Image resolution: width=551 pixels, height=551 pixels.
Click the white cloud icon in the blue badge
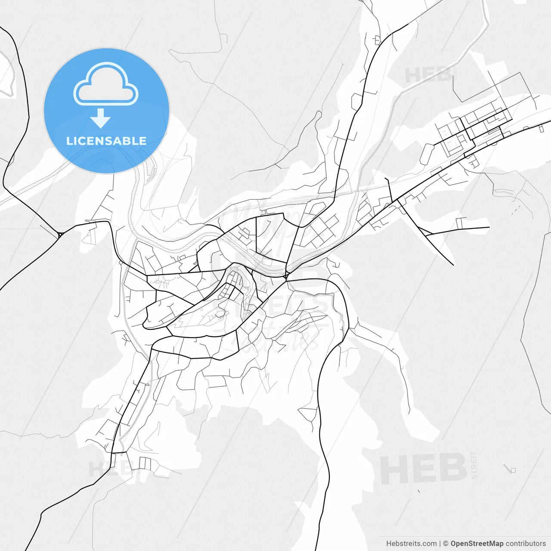tap(106, 85)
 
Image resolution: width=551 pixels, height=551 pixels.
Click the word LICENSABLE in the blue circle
tap(106, 141)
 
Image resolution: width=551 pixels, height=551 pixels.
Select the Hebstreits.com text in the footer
tap(411, 544)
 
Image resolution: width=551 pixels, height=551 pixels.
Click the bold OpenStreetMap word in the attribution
tap(477, 544)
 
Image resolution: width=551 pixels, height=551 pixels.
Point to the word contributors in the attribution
tap(526, 544)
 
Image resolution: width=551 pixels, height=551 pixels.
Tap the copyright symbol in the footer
tap(446, 544)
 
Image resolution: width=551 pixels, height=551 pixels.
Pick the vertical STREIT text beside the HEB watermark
tap(474, 465)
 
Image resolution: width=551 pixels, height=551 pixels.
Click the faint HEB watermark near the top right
tap(428, 75)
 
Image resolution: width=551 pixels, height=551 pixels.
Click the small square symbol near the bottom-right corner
tap(513, 470)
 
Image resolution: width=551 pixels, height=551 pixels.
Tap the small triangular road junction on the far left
tap(60, 235)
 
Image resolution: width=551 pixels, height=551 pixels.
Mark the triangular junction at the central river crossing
tap(285, 275)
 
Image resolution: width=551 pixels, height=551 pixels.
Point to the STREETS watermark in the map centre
tap(275, 306)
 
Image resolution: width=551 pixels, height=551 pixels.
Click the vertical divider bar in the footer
tap(440, 544)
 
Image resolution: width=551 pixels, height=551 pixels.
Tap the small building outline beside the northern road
tap(377, 40)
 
